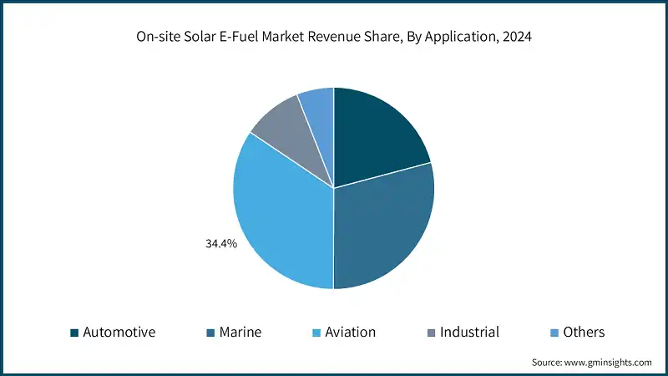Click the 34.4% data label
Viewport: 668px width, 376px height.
221,244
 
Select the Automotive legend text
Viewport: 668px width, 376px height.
119,332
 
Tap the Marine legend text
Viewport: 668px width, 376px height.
240,332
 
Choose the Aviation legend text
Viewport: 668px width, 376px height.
349,332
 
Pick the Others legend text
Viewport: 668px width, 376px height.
583,332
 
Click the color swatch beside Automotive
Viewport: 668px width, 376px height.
74,333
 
